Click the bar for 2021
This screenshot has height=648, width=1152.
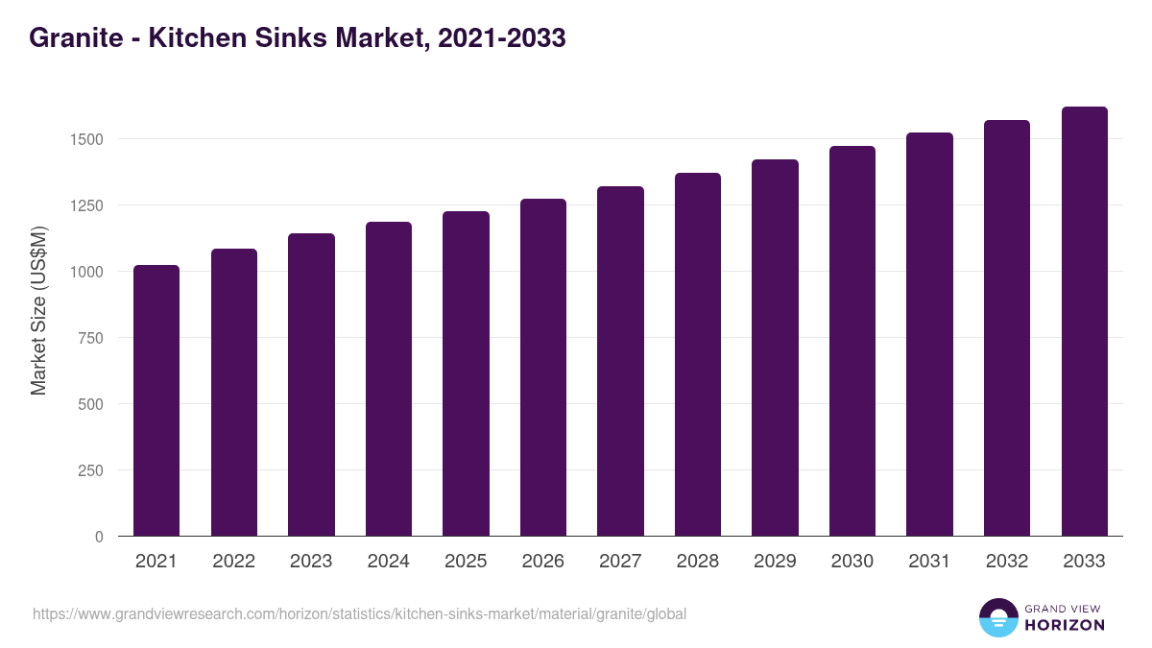156,400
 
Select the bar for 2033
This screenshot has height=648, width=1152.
1084,322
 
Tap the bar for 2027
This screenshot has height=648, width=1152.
620,361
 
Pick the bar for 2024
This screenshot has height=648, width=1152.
389,379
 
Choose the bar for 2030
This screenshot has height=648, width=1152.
852,341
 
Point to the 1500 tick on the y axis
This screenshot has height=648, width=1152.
86,139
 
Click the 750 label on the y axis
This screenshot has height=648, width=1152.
90,338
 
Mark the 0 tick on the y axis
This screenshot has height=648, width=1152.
99,537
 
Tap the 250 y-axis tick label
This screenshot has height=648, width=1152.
90,470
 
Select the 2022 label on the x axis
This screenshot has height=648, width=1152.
234,562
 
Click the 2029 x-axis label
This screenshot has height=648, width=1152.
775,562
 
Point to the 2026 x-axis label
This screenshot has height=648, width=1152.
543,562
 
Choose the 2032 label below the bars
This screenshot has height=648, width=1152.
1007,562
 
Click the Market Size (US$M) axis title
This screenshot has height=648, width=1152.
38,310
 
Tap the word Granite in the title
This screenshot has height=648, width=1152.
75,38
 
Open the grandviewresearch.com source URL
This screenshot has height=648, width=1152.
360,613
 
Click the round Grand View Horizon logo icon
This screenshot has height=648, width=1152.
997,617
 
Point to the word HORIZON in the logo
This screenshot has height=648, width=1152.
1065,625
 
